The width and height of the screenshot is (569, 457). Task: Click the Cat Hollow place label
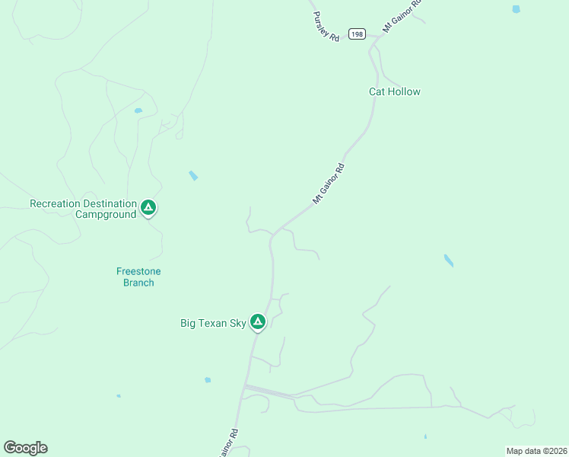coord(394,91)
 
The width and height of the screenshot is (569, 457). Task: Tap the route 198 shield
coord(358,34)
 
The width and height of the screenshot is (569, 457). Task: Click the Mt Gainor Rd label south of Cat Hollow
coord(329,184)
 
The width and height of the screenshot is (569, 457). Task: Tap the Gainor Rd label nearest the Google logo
coord(229,442)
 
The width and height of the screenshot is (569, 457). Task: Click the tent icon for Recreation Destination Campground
coord(148,207)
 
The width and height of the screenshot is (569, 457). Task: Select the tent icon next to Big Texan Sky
coord(258,322)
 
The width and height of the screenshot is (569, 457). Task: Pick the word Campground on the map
coord(106,215)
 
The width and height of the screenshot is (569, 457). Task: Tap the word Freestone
coord(138,271)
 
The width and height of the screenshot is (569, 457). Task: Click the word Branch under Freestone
coord(138,283)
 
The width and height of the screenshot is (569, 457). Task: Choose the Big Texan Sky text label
coord(213,323)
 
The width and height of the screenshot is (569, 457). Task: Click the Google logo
coord(25,448)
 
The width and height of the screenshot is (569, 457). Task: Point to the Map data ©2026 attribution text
coord(536,451)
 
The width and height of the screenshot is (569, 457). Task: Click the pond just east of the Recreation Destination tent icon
coord(193,176)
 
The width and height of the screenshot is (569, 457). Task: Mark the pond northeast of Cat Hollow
coord(517,9)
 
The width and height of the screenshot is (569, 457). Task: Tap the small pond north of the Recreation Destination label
coord(138,110)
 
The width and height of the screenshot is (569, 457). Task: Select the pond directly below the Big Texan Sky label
coord(208,379)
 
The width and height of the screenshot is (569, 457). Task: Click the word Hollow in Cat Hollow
coord(405,91)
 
